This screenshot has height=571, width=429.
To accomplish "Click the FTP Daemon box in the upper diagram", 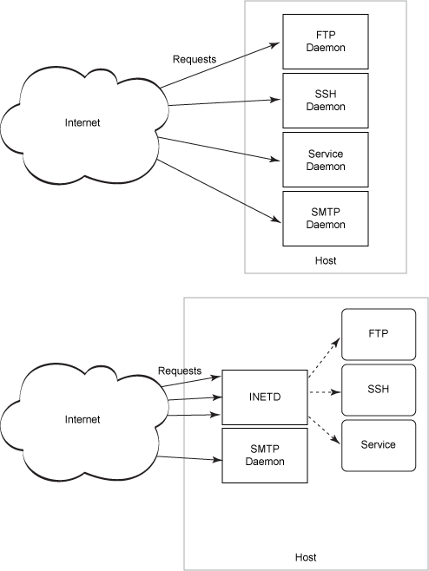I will point(326,42).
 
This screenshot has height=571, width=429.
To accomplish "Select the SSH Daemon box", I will point(326,101).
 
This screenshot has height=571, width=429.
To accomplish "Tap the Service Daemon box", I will point(326,160).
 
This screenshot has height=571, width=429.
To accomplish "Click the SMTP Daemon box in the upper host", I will point(326,219).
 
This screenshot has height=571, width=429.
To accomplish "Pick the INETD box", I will point(266,397).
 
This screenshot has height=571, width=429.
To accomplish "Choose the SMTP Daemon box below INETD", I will point(266,456).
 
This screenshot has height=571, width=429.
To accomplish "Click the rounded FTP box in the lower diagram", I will point(378,333).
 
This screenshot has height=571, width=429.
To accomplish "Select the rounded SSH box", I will point(378,389).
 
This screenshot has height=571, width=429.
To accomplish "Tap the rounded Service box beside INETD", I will point(378,445).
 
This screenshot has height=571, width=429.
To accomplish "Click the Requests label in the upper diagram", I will point(195,60).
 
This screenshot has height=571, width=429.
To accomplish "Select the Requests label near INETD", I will point(180,371).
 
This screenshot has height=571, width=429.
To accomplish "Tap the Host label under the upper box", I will point(326,260).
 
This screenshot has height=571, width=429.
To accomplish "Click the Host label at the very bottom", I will point(306,557).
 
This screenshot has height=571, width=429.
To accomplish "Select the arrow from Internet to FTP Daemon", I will point(217,65).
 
